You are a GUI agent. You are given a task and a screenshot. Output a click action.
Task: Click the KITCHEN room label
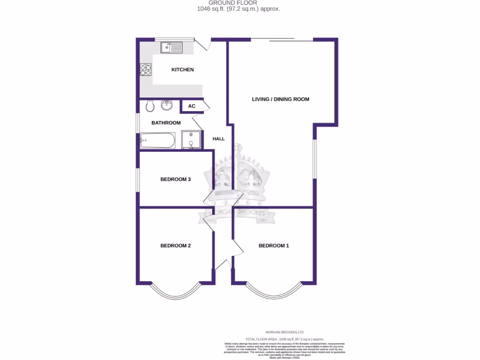182,70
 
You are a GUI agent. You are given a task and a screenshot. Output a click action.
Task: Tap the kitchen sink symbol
171,47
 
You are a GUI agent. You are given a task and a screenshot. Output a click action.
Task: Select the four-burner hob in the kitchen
145,70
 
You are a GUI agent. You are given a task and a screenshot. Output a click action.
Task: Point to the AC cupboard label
192,106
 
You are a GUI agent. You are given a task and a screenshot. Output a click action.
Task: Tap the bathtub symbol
158,140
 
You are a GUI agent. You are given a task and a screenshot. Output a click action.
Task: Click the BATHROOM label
166,123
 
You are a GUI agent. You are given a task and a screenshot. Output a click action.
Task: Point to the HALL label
218,139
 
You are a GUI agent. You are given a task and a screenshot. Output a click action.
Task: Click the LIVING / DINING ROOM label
280,99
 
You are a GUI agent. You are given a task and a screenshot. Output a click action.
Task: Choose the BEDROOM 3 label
175,179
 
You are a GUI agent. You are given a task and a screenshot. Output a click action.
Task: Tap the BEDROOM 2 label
175,246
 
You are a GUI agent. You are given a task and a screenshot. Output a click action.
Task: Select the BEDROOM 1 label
274,246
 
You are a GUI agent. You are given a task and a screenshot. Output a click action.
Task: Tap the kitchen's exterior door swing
202,44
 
